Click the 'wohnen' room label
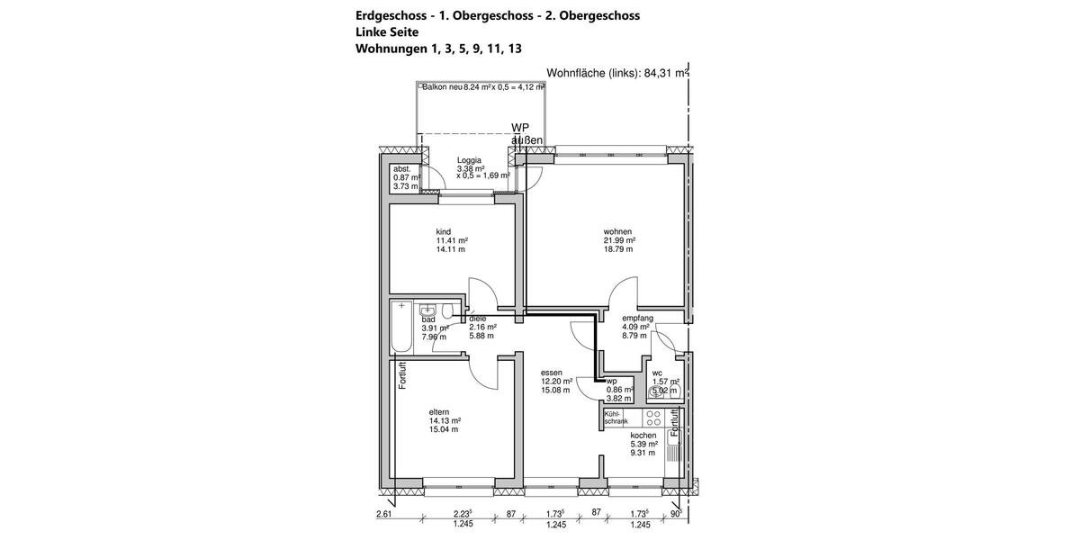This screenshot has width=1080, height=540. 617,231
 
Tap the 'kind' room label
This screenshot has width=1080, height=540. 443,231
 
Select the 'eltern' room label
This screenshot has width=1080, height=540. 439,411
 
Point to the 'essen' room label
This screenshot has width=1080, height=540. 552,372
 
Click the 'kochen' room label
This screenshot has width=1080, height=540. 643,435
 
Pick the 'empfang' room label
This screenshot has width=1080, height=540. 637,318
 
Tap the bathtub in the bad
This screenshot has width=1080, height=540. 401,328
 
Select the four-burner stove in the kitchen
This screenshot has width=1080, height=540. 654,418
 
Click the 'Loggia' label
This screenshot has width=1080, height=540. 469,160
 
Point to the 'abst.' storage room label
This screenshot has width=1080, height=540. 401,169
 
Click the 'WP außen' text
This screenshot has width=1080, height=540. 526,134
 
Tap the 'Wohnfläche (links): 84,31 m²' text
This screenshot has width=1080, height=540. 617,75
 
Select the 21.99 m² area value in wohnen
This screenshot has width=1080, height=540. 619,240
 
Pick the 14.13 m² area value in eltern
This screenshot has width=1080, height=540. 445,420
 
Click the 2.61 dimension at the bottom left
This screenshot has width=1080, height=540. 384,514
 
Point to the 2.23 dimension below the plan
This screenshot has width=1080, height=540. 464,514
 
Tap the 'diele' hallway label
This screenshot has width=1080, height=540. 477,319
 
